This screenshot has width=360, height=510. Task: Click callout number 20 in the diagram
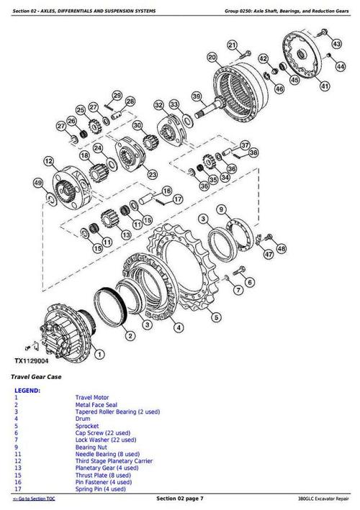tap(211, 57)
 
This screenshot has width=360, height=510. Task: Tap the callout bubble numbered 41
tap(325, 86)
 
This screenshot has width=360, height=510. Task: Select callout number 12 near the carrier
tap(48, 161)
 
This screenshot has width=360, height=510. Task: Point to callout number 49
tap(37, 183)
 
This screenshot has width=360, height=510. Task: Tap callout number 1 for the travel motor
tap(97, 355)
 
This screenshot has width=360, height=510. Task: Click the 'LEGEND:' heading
tap(27, 391)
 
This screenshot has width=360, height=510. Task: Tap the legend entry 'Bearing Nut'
tap(91, 447)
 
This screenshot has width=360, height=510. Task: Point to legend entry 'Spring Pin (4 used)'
tap(101, 488)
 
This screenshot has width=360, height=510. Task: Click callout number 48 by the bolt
tap(281, 248)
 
